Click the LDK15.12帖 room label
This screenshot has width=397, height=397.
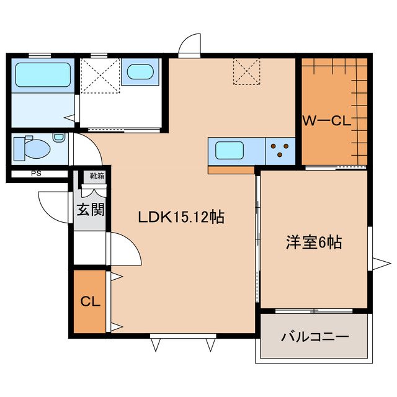181,217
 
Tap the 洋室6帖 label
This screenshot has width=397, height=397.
314,242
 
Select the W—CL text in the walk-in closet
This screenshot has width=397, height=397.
327,121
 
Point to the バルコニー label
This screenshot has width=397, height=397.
315,337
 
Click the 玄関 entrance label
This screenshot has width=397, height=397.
91,210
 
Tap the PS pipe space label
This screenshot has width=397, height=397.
36,174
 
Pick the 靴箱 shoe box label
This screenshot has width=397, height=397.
97,176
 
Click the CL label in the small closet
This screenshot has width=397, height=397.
91,301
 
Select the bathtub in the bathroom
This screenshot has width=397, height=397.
43,74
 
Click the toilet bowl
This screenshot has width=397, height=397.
37,149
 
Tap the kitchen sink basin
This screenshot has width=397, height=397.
230,150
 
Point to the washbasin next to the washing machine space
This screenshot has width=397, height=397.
140,72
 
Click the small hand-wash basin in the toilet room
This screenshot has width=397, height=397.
58,138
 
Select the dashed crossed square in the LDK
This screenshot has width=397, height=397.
247,72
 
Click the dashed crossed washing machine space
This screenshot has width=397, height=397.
100,76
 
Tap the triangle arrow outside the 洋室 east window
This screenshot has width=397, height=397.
381,264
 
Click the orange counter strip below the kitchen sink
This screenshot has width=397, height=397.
231,170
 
